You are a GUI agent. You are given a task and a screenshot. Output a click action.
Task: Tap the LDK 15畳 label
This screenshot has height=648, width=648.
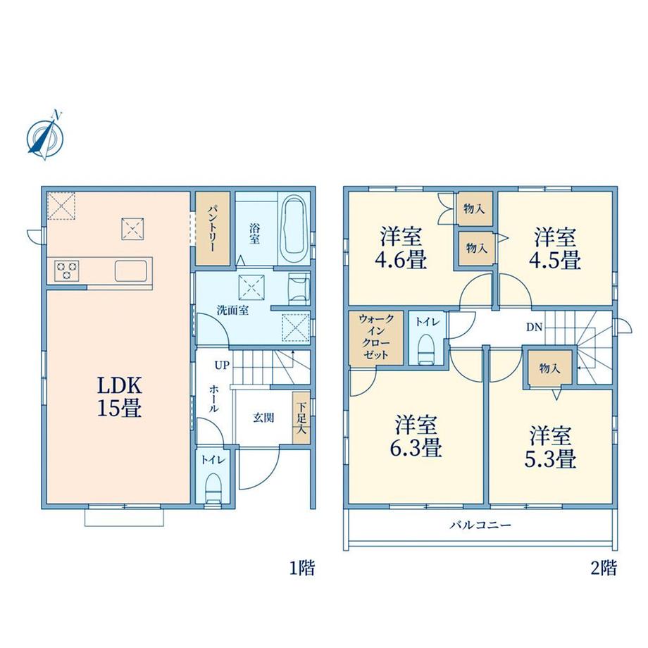point(120,397)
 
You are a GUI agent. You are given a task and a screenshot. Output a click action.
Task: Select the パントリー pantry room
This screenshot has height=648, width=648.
point(213,228)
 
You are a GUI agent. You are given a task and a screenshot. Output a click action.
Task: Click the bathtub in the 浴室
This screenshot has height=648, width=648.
point(294,229)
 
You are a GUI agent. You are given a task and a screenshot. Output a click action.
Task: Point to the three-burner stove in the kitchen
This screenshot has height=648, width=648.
point(66,271)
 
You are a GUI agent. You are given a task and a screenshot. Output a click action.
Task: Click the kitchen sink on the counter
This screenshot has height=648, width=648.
point(131,270)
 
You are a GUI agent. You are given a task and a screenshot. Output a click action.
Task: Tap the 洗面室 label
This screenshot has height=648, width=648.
point(232,311)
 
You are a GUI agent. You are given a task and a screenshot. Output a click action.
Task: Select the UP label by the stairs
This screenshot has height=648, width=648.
point(221,366)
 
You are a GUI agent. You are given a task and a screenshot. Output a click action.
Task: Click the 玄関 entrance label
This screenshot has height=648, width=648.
point(263,418)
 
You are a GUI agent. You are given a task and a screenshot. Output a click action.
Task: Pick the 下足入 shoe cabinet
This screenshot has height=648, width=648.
point(301,418)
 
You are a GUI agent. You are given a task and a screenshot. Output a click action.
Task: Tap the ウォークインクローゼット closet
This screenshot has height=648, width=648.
point(375,338)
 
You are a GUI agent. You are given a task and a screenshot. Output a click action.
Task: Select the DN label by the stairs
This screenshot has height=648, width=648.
point(534,328)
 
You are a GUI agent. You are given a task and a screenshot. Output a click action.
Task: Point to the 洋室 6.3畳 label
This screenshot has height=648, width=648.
point(416,435)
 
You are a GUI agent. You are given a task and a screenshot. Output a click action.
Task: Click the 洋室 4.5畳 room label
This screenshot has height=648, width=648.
point(555,248)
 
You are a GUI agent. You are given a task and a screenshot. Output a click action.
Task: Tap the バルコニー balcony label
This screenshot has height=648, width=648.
point(480,525)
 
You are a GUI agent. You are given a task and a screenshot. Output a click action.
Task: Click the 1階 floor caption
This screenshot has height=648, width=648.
point(302,568)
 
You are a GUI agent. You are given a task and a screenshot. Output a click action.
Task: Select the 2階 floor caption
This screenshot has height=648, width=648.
point(604,568)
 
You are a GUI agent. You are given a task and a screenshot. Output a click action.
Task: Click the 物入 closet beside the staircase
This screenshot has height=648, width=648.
point(549,368)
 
